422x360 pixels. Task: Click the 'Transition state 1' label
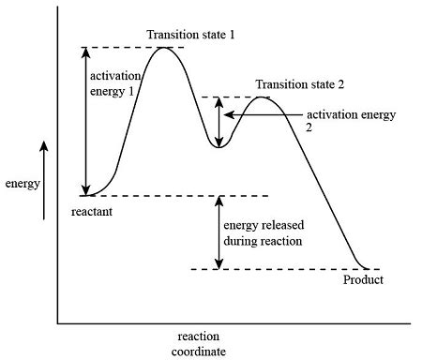pos(191,35)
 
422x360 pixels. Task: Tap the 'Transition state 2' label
pos(300,83)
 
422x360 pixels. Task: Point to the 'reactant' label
pos(92,213)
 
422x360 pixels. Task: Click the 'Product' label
pos(363,280)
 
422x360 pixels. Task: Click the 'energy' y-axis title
pos(22,184)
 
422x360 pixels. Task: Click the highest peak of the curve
pos(164,47)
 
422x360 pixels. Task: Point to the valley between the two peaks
pos(219,146)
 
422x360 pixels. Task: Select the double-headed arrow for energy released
pos(219,232)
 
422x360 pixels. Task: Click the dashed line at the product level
pos(281,269)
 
